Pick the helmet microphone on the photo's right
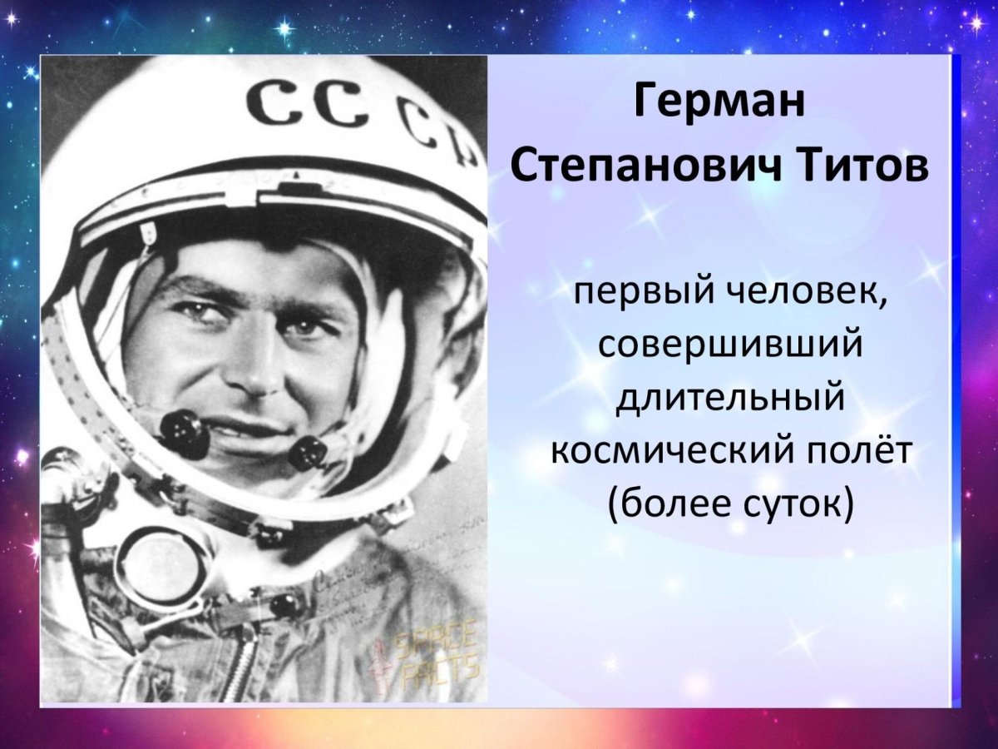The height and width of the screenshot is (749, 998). [x=308, y=454]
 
